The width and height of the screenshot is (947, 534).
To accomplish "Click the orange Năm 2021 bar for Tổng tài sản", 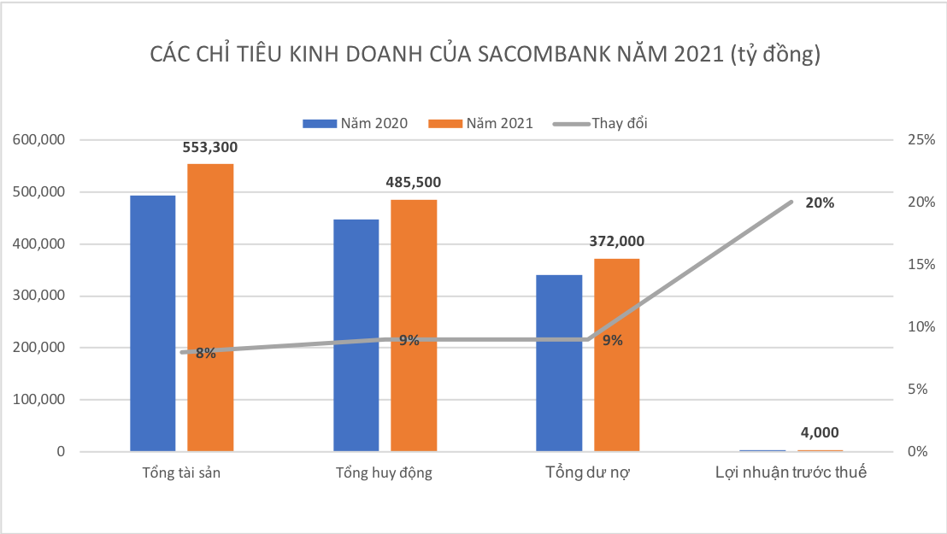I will pyautogui.click(x=210, y=308).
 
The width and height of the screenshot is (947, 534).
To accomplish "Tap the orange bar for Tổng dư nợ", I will pyautogui.click(x=617, y=355).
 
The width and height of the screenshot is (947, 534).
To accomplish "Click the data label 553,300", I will pyautogui.click(x=210, y=147).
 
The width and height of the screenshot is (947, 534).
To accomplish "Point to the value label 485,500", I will pyautogui.click(x=414, y=182).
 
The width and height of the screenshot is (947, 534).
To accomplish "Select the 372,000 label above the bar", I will pyautogui.click(x=617, y=242).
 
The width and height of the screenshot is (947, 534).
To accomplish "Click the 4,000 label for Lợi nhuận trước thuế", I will pyautogui.click(x=820, y=432).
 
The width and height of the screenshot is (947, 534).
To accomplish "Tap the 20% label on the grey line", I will pyautogui.click(x=820, y=203).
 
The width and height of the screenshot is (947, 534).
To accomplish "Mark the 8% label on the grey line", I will pyautogui.click(x=205, y=353).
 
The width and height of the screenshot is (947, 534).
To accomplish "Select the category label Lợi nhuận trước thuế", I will pyautogui.click(x=791, y=472).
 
